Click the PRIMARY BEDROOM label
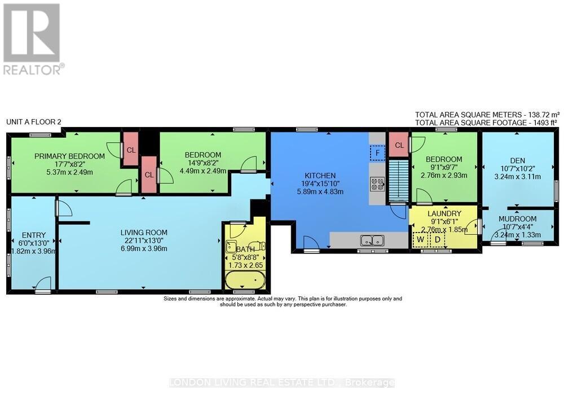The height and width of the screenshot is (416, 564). click(69, 156)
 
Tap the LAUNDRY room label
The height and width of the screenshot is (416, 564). click(444, 213)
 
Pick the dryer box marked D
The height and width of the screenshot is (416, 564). click(437, 239)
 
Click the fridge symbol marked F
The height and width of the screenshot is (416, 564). click(377, 152)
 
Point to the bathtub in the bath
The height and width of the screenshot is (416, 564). click(244, 280)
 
